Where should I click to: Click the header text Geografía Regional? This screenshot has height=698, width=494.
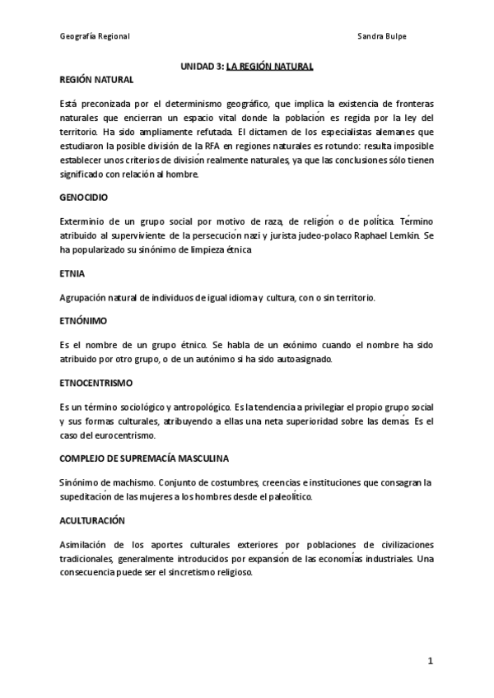pyautogui.click(x=95, y=37)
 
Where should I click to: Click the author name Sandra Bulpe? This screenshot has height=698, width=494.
pyautogui.click(x=382, y=37)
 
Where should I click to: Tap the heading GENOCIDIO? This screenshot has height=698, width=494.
pyautogui.click(x=84, y=198)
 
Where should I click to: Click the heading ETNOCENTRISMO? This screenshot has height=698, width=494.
pyautogui.click(x=96, y=384)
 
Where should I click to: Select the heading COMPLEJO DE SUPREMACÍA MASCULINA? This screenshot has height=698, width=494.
pyautogui.click(x=144, y=457)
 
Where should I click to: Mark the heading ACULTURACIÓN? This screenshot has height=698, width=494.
pyautogui.click(x=91, y=521)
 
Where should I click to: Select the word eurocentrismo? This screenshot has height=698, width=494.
pyautogui.click(x=119, y=436)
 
